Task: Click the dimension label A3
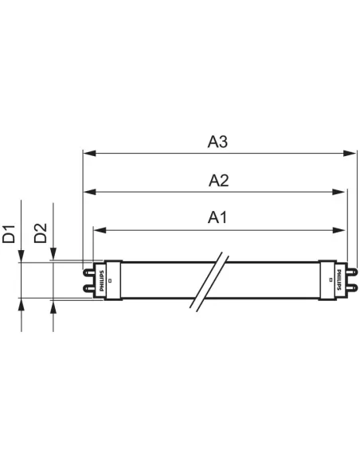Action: click(218, 142)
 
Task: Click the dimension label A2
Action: click(218, 181)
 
